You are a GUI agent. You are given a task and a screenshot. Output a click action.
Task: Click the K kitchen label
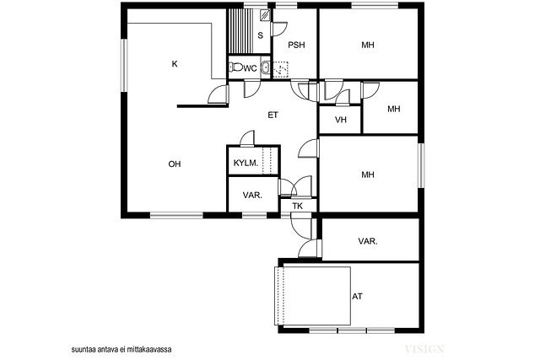point(175,64)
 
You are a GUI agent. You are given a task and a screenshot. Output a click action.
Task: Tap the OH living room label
point(175,164)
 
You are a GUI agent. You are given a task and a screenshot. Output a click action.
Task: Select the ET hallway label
point(273,116)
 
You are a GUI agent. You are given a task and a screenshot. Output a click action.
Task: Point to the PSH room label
point(296,45)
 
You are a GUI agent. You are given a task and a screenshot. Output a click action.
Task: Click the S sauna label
point(261,35)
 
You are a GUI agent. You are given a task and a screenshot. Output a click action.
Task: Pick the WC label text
point(251,68)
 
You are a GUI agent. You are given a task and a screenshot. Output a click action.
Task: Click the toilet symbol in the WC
point(236,67)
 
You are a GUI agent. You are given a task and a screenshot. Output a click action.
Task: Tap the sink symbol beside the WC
point(266,67)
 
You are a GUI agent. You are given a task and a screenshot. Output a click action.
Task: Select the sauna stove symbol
point(265,14)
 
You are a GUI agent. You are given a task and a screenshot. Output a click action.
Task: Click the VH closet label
point(341,120)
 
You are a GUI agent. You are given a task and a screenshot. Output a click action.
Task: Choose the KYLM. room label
point(246,163)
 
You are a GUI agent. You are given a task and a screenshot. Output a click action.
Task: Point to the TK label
point(298,207)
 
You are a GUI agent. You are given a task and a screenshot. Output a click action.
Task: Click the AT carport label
point(357,296)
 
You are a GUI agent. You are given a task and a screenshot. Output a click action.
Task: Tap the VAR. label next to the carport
point(368,242)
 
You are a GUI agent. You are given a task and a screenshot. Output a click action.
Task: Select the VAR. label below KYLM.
point(252,196)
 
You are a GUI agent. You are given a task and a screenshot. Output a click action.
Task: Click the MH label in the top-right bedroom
point(368,45)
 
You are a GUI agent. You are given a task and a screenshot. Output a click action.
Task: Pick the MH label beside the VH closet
point(394,109)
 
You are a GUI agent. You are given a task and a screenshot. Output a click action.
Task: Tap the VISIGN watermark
point(424,349)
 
